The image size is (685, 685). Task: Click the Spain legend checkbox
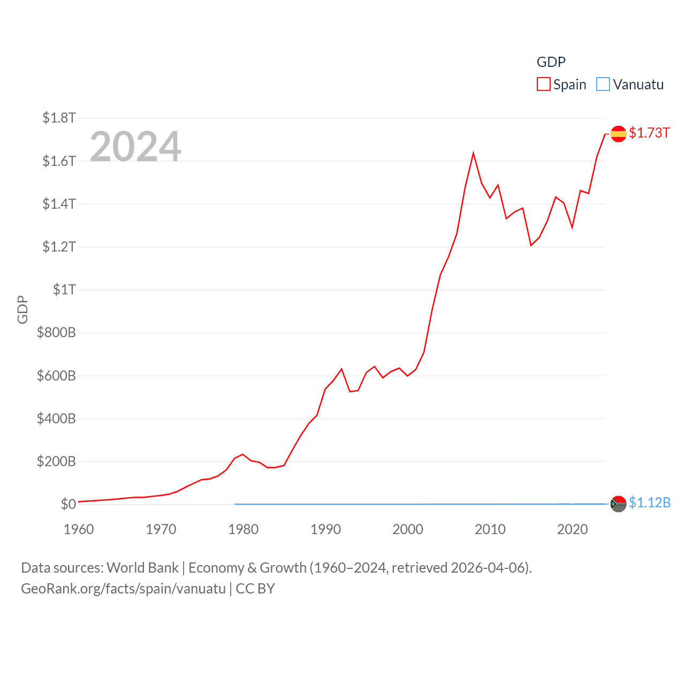tap(544, 85)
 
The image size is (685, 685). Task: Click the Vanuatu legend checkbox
tap(603, 85)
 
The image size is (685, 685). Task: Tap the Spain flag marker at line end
tap(618, 134)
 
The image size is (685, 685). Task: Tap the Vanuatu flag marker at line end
tap(618, 504)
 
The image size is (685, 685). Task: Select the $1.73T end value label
tap(649, 133)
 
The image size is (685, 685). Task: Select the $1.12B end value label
tap(650, 503)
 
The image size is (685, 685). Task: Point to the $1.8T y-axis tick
tap(59, 118)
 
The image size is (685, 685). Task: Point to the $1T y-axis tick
tap(64, 290)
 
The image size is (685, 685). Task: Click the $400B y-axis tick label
tap(56, 418)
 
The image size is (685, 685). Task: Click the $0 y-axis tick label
tap(68, 504)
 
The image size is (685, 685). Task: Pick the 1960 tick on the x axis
tap(79, 529)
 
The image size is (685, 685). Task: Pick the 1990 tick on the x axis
tap(325, 529)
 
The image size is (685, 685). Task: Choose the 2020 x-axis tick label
tap(572, 529)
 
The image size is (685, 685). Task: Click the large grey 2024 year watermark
tap(135, 146)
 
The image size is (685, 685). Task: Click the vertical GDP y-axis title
tap(22, 309)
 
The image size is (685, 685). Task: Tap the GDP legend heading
tap(551, 62)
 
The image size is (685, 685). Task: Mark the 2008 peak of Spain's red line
tap(473, 154)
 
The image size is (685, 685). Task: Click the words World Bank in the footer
tap(142, 567)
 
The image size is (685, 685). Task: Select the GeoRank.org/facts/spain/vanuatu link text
tap(123, 589)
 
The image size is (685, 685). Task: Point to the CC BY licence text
tap(255, 589)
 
